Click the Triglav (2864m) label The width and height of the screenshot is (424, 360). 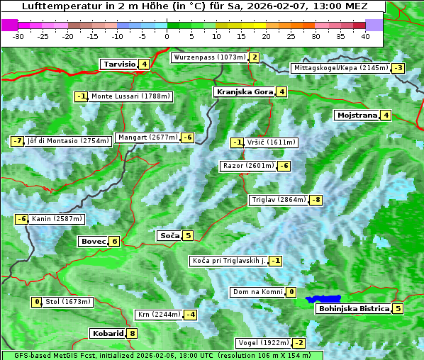(279, 200)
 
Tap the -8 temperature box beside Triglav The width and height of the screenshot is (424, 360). (316, 200)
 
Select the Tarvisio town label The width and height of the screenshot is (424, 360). (119, 64)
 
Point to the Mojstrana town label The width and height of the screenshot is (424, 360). (357, 115)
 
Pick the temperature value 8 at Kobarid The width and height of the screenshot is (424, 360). (132, 333)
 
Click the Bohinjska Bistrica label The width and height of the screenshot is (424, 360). (353, 308)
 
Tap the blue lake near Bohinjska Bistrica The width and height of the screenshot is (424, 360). (324, 300)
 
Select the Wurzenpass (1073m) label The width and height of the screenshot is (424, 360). (210, 57)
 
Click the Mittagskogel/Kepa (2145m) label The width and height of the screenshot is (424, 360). (341, 68)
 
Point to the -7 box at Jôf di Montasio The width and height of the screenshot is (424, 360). (17, 140)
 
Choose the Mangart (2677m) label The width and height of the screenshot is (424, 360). (147, 137)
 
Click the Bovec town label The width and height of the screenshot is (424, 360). (93, 241)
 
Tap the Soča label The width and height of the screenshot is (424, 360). (169, 235)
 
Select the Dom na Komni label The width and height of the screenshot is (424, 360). (258, 292)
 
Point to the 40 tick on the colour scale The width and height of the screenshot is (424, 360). (365, 36)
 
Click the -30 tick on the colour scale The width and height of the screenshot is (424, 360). (18, 36)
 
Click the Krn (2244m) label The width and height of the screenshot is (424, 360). (157, 315)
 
